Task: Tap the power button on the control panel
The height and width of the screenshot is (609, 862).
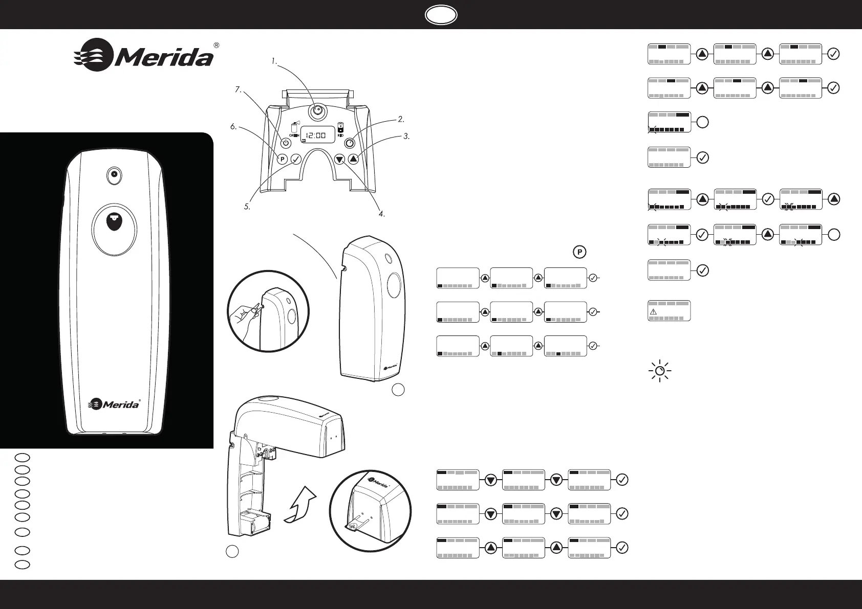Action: [x=287, y=144]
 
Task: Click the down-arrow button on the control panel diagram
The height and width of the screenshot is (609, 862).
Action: [x=340, y=159]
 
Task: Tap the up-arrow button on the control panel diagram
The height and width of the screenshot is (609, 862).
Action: [x=354, y=159]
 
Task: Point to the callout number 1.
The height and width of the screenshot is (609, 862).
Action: [x=275, y=61]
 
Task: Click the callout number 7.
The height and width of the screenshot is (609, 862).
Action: [x=238, y=89]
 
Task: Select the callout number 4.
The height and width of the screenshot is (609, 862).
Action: [x=382, y=214]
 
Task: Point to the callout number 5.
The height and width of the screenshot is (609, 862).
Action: [x=247, y=207]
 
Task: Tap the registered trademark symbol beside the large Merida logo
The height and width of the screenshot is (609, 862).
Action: [x=217, y=45]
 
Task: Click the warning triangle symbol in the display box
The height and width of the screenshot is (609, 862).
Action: [x=653, y=311]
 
